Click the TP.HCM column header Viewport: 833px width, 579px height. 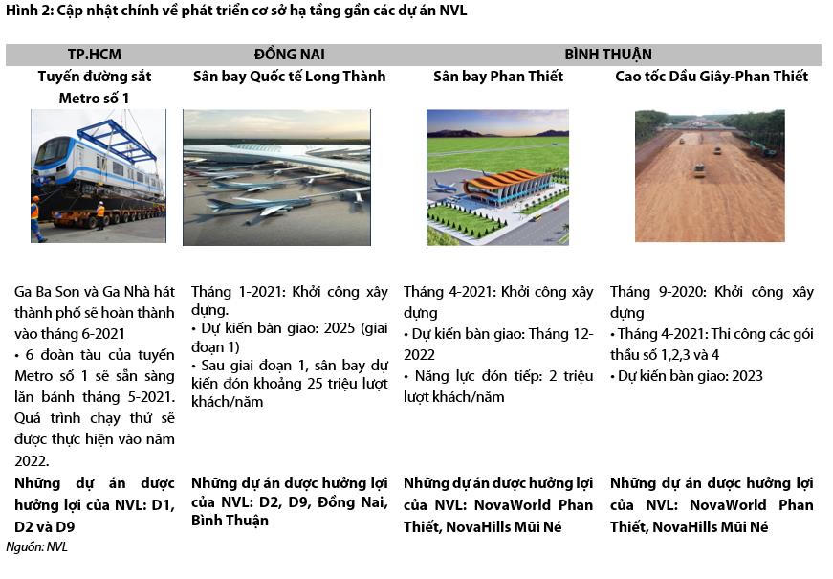pyautogui.click(x=94, y=55)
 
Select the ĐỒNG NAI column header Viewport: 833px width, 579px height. pyautogui.click(x=289, y=55)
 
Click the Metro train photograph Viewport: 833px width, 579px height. pyautogui.click(x=98, y=175)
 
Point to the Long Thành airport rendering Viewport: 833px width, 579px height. pyautogui.click(x=276, y=177)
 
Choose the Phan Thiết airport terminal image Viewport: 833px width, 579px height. pyautogui.click(x=497, y=177)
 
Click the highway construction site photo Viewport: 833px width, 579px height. pyautogui.click(x=710, y=175)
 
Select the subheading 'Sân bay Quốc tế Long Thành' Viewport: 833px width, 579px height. pyautogui.click(x=289, y=77)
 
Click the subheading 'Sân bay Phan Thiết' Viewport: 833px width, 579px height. pyautogui.click(x=498, y=77)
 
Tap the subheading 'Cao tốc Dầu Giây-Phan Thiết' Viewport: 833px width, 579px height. pyautogui.click(x=712, y=77)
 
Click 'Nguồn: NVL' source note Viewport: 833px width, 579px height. pyautogui.click(x=36, y=547)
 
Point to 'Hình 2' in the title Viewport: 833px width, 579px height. pyautogui.click(x=26, y=11)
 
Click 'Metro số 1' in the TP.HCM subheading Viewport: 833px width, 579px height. pyautogui.click(x=94, y=98)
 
